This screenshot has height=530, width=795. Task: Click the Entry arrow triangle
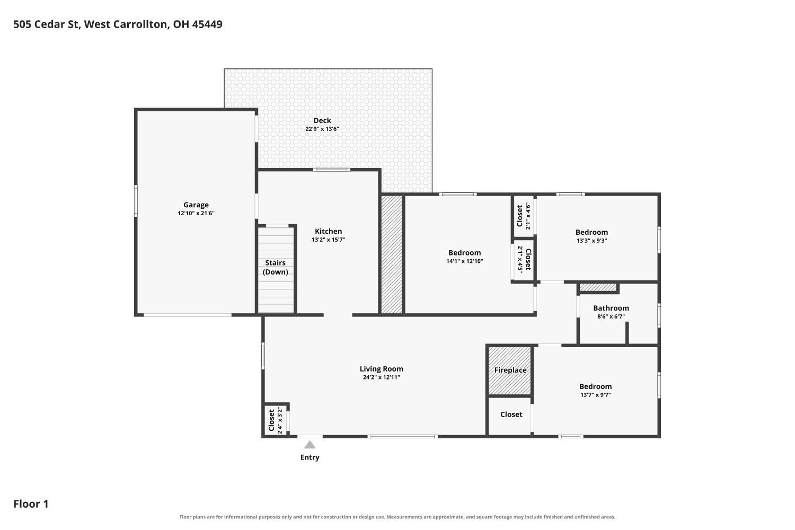pos(310,445)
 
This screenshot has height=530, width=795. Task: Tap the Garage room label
pos(196,205)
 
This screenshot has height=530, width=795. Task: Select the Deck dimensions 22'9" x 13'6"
pos(322,129)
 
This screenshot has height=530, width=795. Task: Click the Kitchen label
pos(328,232)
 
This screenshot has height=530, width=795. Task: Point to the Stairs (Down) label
pos(276,267)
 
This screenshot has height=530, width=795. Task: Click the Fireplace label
pos(510,370)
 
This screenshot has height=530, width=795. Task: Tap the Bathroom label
pos(611,308)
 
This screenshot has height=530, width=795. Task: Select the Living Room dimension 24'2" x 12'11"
pos(382,377)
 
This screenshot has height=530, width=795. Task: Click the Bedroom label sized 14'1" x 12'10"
pos(465,253)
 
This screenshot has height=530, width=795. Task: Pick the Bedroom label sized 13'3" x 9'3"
pos(591,232)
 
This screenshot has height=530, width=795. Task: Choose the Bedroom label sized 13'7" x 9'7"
pos(596,386)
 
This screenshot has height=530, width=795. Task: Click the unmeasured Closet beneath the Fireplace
pos(511,414)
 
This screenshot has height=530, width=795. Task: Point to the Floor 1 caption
pos(31,504)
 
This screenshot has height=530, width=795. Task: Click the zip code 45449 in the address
pos(207,24)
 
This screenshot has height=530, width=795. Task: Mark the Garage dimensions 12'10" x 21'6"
pos(196,214)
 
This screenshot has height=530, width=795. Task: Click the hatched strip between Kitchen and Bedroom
pos(392,254)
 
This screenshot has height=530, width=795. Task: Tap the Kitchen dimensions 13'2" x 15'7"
pos(328,240)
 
